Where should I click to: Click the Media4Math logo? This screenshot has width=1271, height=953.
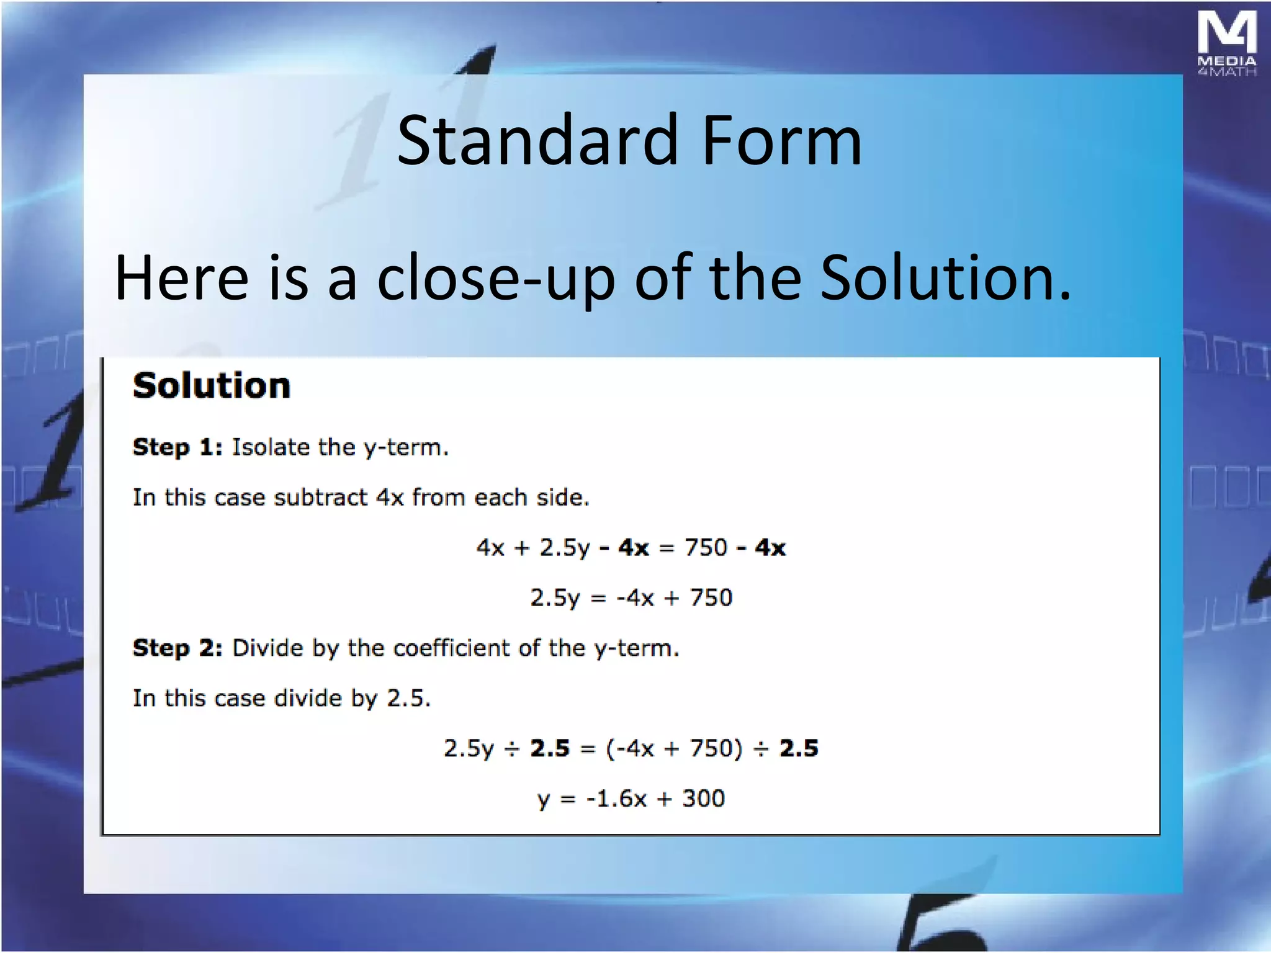click(1226, 43)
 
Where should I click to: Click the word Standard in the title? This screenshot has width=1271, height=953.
click(537, 141)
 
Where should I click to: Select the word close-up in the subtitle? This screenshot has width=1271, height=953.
click(496, 279)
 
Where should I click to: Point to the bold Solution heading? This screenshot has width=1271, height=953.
click(212, 386)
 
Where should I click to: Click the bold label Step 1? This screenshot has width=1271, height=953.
click(177, 447)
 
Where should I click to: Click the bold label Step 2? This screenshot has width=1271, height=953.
click(177, 648)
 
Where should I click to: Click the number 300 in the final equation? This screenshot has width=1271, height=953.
click(703, 799)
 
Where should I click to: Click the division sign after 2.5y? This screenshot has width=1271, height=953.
click(512, 749)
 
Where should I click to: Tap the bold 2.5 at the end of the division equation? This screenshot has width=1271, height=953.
click(799, 749)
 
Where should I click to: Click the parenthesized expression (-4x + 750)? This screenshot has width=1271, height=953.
click(674, 749)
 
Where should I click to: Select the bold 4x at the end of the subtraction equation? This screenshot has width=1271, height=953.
click(770, 548)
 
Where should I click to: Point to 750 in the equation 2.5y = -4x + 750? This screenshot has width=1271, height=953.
click(711, 598)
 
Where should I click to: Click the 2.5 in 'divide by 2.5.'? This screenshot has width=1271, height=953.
click(408, 699)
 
